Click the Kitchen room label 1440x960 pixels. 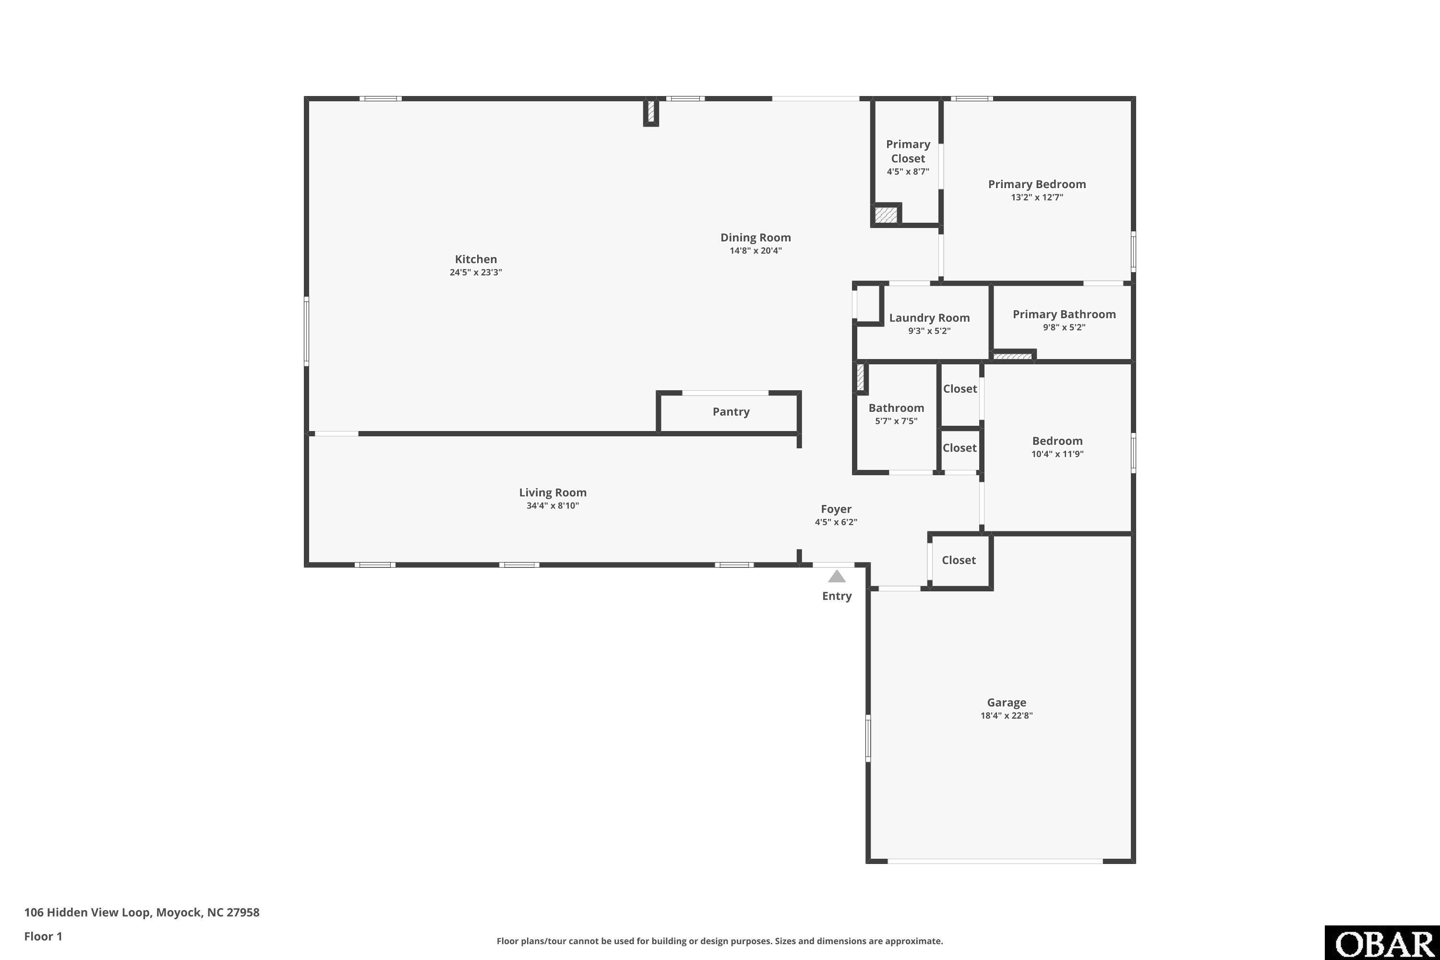coord(476,259)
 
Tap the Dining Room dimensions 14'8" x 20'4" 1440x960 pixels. coord(756,251)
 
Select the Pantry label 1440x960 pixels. coord(731,411)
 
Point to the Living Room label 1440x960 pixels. coord(553,492)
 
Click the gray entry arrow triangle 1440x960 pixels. coord(837,576)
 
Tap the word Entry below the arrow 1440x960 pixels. coord(837,596)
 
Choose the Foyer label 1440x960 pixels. coord(836,509)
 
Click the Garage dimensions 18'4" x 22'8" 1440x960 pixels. coord(1007,715)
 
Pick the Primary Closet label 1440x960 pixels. coord(908,151)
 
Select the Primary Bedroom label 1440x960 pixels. coord(1037,184)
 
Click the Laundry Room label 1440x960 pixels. coord(929,318)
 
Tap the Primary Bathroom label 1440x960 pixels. coord(1064,314)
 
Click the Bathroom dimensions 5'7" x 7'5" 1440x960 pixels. coord(896,420)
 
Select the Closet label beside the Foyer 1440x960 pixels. coord(959,560)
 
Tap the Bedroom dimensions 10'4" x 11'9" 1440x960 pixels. coord(1057,454)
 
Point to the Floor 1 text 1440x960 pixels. coord(43,936)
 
